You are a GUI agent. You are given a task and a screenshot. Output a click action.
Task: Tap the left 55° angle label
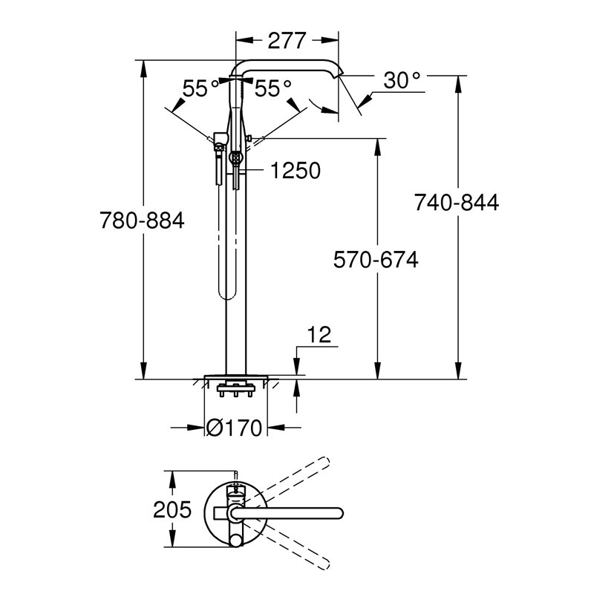(201, 88)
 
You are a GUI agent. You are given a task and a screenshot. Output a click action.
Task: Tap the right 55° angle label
(272, 88)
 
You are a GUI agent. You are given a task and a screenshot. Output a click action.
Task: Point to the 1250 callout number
(295, 172)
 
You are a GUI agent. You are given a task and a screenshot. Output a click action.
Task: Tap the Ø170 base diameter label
(235, 428)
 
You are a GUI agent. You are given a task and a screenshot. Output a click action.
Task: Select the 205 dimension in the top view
(172, 510)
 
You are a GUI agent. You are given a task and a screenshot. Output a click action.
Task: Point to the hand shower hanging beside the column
(221, 223)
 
